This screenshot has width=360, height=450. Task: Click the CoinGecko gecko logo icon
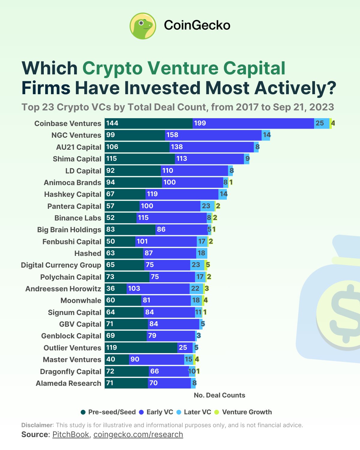coord(143,26)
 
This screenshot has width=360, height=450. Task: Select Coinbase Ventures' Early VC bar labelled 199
coord(253,123)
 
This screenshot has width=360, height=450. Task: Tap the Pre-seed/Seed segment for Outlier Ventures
coord(141,348)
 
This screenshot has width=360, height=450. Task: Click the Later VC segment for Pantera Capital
coord(207,206)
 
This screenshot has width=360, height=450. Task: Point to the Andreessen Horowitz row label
coord(63,289)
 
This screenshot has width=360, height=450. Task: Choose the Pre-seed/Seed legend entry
coord(108,412)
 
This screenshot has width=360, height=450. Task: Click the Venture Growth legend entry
coord(243,412)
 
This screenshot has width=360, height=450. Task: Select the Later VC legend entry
coord(194,412)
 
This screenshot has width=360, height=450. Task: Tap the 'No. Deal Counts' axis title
coord(219,395)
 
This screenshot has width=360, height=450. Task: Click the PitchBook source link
coord(70,435)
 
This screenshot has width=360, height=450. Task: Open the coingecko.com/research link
coord(138,435)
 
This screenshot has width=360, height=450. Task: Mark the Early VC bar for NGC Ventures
coord(213,135)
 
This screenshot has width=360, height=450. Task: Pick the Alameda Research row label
coord(68,383)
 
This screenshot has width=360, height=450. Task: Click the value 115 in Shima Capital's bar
coord(112,159)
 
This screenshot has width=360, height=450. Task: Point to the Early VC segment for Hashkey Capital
coord(182,194)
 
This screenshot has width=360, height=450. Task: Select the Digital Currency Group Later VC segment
coord(197,265)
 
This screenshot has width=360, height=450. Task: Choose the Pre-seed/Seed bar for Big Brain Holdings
coord(130,229)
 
